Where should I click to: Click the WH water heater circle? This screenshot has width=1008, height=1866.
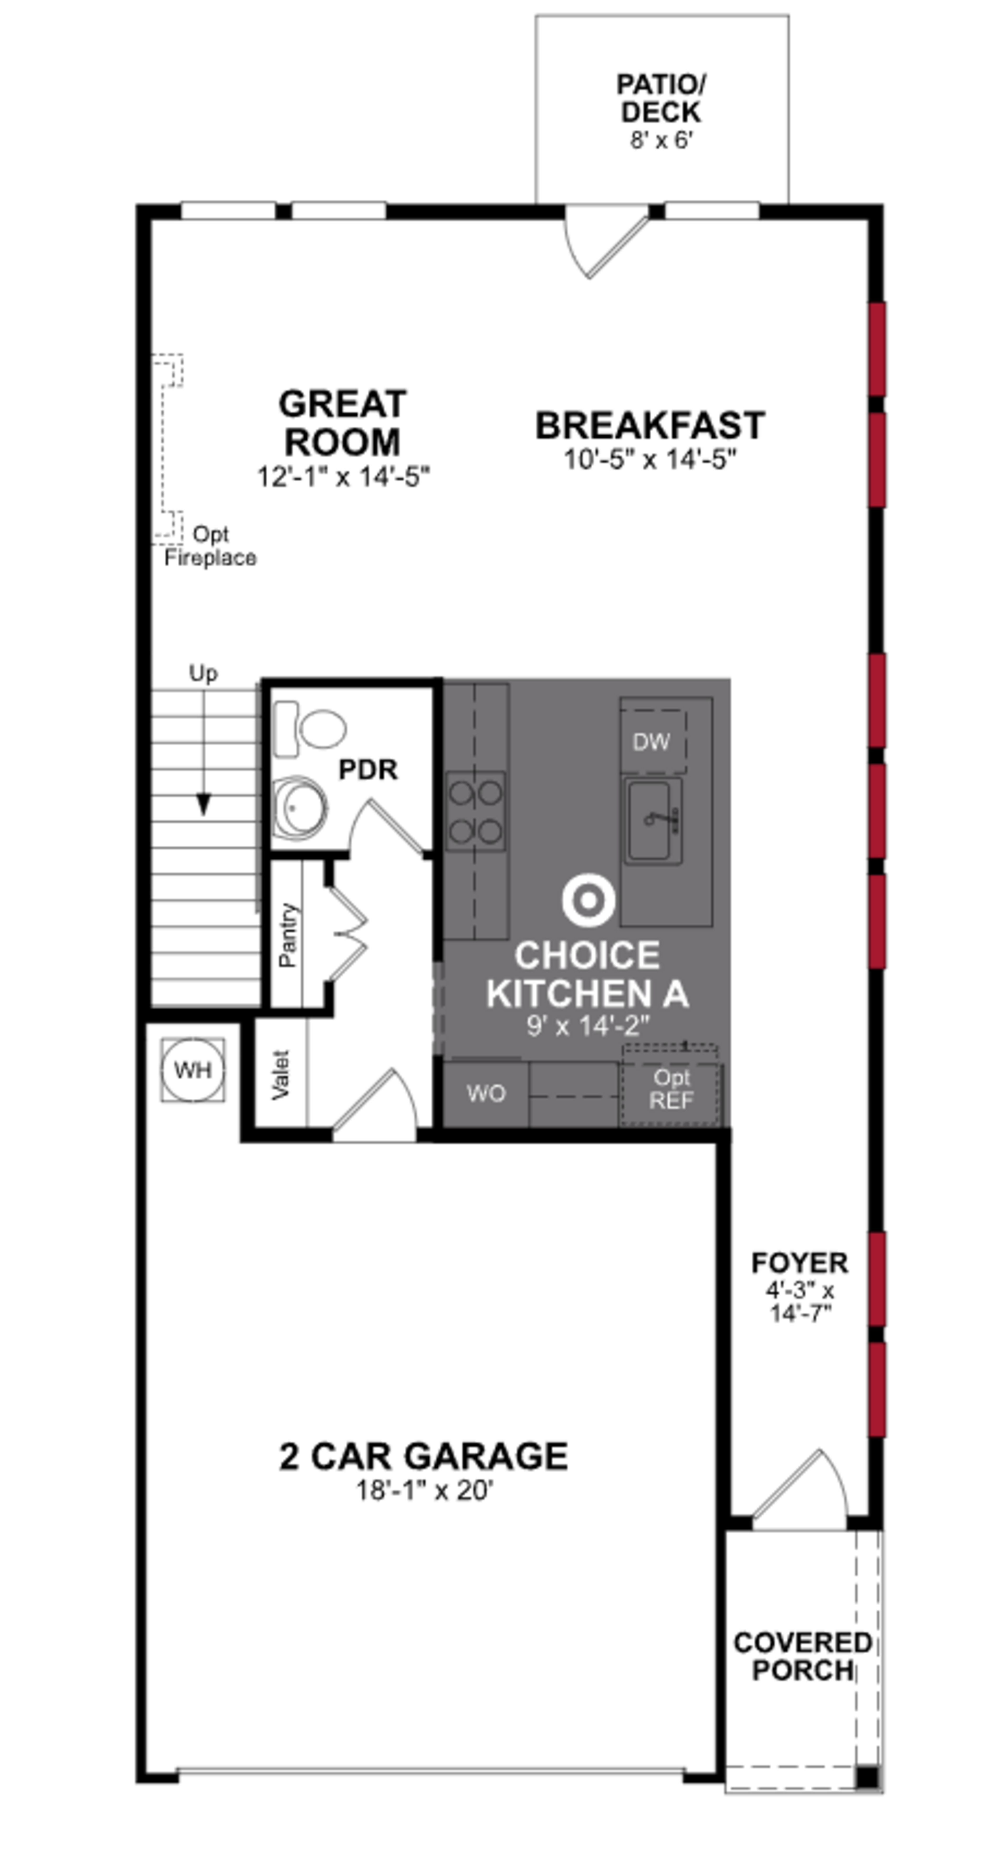tap(193, 1069)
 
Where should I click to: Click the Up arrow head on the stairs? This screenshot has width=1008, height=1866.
tap(203, 804)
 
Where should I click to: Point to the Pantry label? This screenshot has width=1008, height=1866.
tap(287, 935)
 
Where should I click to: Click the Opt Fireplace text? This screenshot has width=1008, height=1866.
tap(210, 546)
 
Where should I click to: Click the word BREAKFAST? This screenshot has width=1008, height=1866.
tap(649, 425)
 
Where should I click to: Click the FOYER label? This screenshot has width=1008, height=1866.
tap(800, 1263)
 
